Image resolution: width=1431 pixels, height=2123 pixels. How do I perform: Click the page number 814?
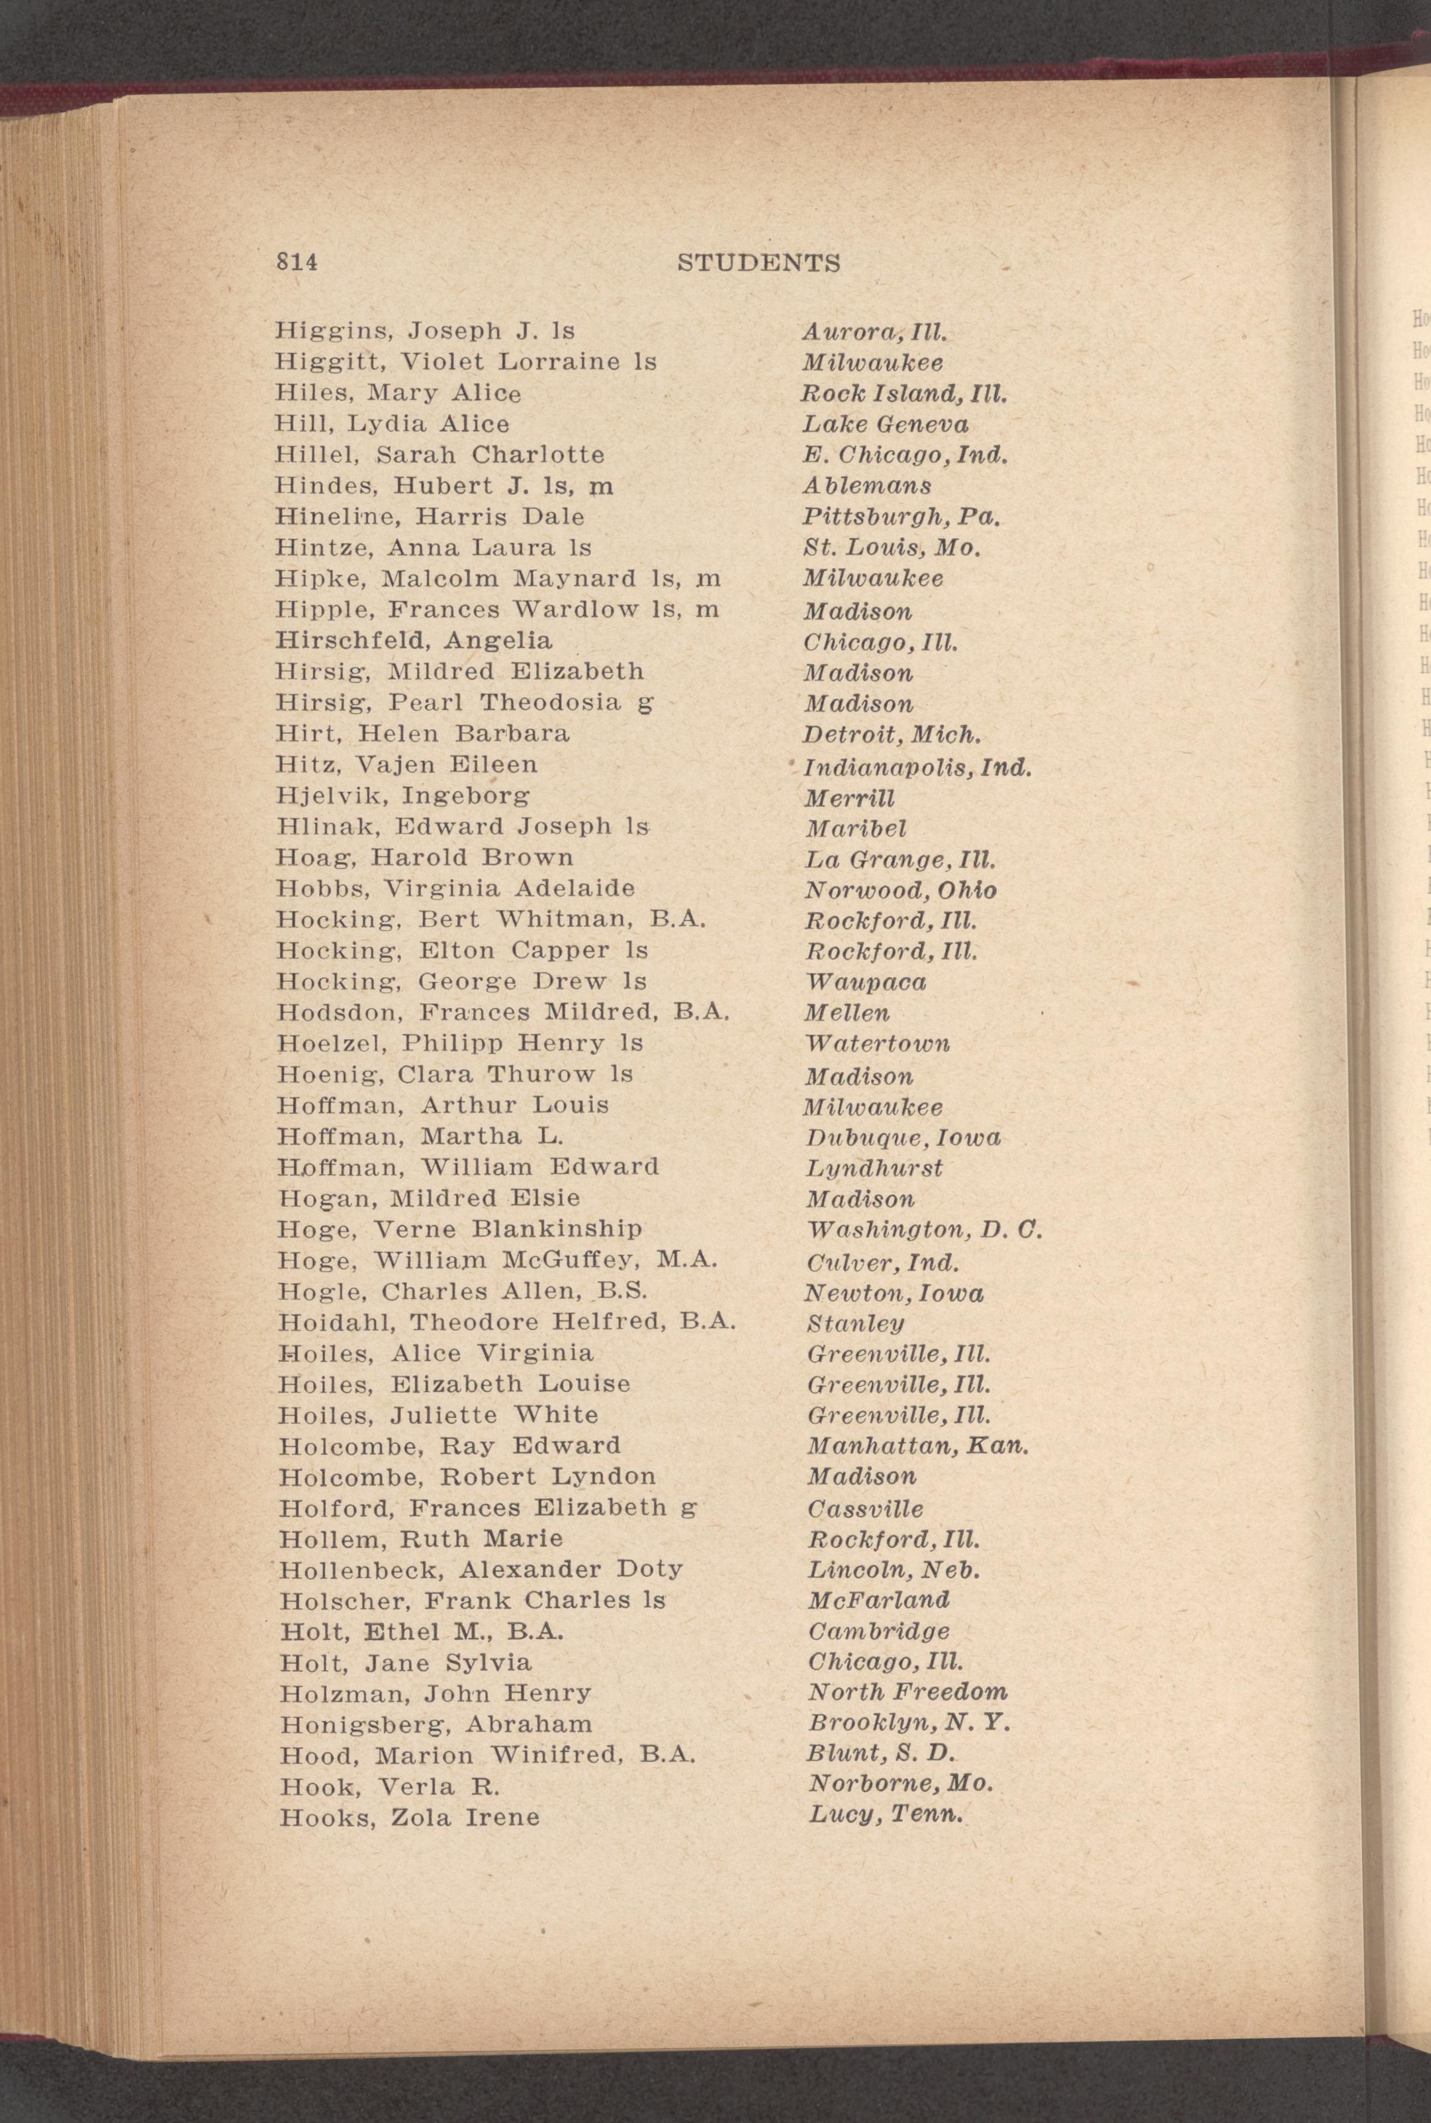pyautogui.click(x=296, y=263)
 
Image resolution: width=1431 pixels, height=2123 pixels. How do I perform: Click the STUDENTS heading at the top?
pyautogui.click(x=759, y=263)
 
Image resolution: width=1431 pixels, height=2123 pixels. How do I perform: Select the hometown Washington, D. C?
pyautogui.click(x=923, y=1231)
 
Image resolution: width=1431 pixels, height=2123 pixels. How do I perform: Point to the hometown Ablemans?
pyautogui.click(x=867, y=486)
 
